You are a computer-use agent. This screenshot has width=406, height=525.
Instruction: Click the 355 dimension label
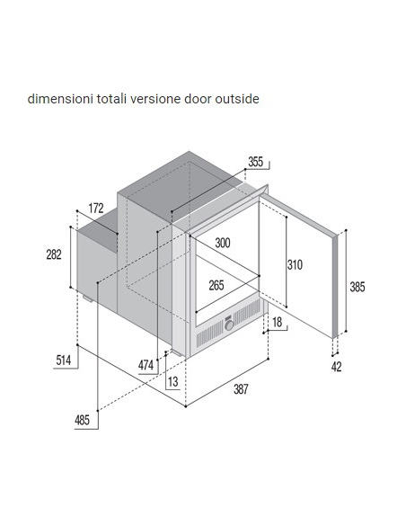255,162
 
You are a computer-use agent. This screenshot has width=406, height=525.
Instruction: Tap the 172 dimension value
96,209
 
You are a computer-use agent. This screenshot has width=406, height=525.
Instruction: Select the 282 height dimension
54,254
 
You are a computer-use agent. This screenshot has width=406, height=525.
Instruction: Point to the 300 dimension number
223,243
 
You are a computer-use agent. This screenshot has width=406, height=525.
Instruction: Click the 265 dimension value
216,286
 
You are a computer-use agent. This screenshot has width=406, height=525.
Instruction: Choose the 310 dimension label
295,265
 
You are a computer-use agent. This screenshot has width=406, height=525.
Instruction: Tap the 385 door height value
357,288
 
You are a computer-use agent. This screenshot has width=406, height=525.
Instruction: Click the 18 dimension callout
278,322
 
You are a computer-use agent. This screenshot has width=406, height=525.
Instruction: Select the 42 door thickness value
337,367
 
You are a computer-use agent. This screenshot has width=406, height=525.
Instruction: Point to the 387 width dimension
241,389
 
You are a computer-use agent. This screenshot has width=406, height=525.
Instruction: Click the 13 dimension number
173,382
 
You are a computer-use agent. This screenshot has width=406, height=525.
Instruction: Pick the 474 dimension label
146,365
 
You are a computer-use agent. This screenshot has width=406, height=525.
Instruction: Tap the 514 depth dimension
64,360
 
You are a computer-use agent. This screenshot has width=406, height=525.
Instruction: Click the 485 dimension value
82,420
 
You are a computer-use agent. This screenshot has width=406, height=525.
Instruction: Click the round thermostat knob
229,325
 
